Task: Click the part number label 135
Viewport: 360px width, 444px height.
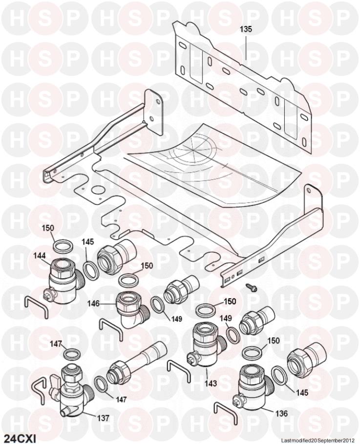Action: [x=246, y=29]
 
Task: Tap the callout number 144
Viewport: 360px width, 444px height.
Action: [x=39, y=256]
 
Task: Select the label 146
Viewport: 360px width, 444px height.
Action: [x=93, y=304]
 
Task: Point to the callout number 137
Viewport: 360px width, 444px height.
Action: [x=103, y=418]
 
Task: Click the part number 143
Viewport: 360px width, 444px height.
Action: [x=211, y=383]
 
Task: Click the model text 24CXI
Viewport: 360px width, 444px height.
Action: [x=19, y=439]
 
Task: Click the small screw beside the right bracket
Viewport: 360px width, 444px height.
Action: [x=250, y=287]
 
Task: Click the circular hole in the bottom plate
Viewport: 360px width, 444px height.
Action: [x=98, y=190]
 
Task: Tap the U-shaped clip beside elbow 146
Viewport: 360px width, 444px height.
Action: [x=111, y=329]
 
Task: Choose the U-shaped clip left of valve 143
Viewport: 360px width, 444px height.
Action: [x=179, y=370]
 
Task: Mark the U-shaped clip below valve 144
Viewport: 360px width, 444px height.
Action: [x=36, y=306]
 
